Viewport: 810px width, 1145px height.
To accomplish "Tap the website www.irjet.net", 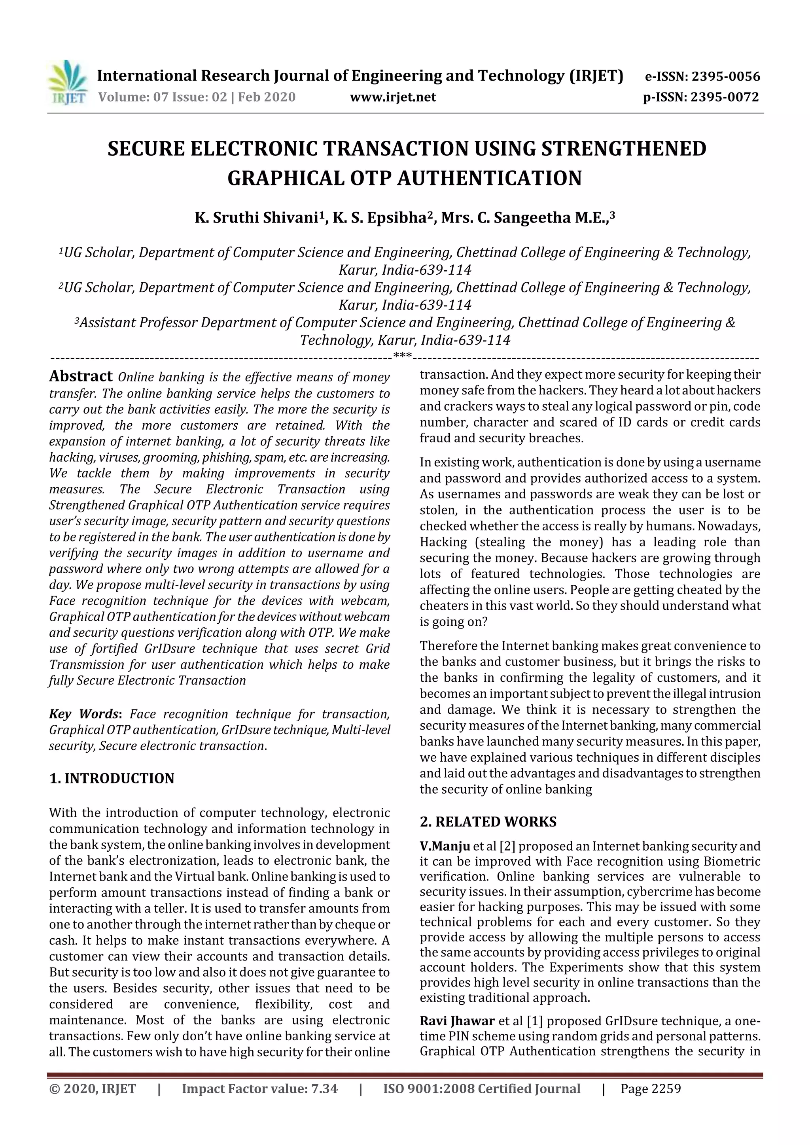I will pyautogui.click(x=393, y=97).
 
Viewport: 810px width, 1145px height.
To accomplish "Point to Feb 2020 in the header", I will pyautogui.click(x=267, y=97).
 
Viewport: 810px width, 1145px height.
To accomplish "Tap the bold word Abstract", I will pyautogui.click(x=81, y=376).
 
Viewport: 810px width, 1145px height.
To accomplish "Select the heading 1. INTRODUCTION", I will pyautogui.click(x=112, y=779).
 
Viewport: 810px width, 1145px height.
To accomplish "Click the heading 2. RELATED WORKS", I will pyautogui.click(x=488, y=822).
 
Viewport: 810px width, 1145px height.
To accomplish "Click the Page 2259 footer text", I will pyautogui.click(x=650, y=1103).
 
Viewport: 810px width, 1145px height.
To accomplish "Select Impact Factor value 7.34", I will pyautogui.click(x=259, y=1103).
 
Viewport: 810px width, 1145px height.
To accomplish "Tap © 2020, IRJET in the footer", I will pyautogui.click(x=93, y=1103).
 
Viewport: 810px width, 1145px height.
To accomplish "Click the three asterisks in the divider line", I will pyautogui.click(x=402, y=356).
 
